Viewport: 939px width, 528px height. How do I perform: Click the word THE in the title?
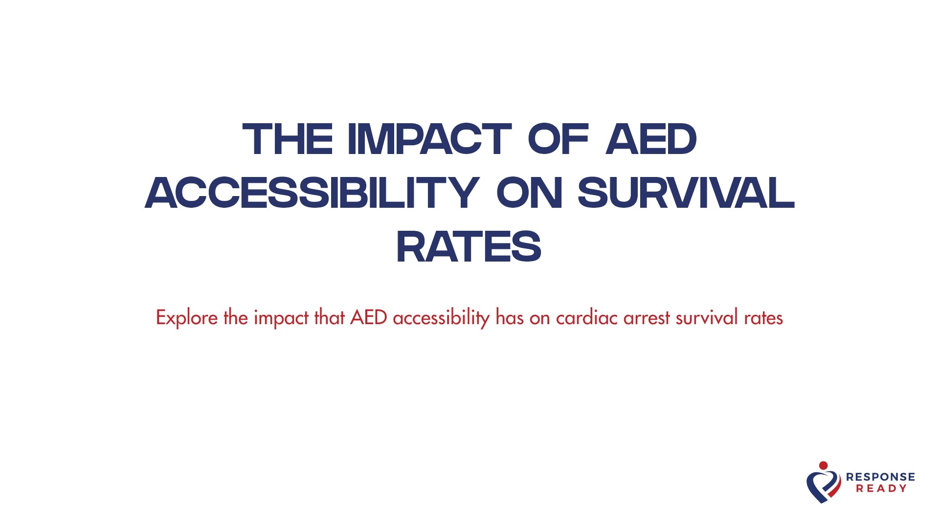288,139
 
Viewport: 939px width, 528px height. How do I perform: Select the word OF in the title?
558,139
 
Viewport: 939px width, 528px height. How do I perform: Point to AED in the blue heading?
651,139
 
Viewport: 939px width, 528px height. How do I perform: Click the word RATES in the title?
469,247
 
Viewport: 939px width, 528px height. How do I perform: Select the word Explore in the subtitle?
187,318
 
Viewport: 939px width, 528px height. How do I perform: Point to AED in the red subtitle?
369,318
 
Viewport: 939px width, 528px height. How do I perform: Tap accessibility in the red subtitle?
441,318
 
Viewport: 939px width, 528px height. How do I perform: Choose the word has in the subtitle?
510,318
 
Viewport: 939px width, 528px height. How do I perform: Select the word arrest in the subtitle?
647,318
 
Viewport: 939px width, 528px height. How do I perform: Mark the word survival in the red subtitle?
707,318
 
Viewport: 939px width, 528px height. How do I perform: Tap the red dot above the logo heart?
824,465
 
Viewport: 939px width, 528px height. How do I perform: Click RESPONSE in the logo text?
880,477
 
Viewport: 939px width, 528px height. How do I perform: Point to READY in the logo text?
881,488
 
